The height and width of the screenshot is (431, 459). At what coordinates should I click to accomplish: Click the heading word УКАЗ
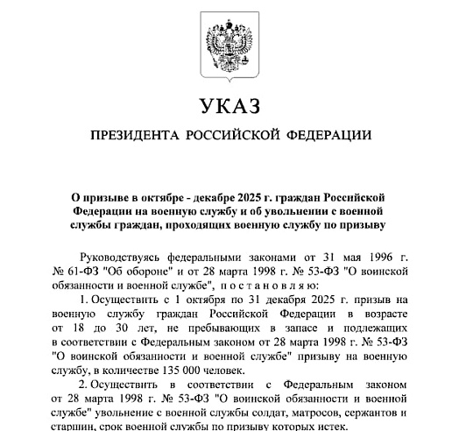[x=229, y=108]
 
